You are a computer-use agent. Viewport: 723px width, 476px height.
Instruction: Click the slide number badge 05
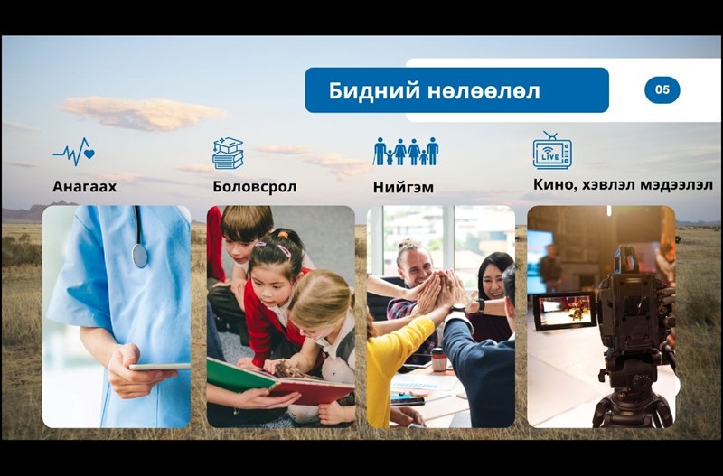[x=662, y=89]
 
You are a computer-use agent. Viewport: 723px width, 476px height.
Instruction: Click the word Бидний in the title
[x=374, y=91]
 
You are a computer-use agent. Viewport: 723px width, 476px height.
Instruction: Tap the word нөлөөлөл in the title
[x=484, y=91]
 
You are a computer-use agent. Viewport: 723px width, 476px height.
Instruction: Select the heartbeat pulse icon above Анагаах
[x=74, y=152]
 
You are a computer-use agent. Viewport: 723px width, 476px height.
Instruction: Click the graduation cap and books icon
[x=228, y=153]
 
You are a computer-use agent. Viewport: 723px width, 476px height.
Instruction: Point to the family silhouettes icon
[x=406, y=151]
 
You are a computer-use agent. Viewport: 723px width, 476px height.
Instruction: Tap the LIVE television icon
[x=552, y=150]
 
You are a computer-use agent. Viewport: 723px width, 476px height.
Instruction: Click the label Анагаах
[x=84, y=186]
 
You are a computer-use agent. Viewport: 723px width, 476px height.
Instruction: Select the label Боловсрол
[x=255, y=187]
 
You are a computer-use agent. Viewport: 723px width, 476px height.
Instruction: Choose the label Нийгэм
[x=403, y=187]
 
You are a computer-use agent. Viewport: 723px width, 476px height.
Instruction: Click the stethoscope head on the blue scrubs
[x=140, y=256]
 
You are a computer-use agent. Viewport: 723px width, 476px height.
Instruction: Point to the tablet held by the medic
[x=160, y=367]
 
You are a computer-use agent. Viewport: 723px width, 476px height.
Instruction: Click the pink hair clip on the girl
[x=284, y=251]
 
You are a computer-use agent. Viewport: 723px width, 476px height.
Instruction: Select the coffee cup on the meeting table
[x=439, y=359]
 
